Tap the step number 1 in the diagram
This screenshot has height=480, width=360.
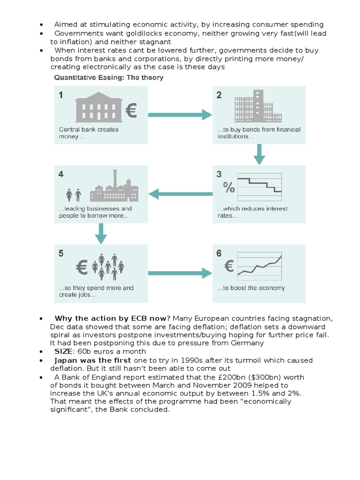click(61, 96)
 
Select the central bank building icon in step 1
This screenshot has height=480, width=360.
click(99, 108)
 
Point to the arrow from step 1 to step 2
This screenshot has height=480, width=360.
click(180, 114)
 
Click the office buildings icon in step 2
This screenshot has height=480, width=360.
click(257, 107)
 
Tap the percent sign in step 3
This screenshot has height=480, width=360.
click(228, 188)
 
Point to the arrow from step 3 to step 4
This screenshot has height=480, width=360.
click(180, 193)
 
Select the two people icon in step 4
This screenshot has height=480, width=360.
click(74, 194)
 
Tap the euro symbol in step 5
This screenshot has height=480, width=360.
click(82, 268)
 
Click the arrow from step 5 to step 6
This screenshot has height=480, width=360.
click(180, 272)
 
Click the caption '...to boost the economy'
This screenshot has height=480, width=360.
click(251, 288)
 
